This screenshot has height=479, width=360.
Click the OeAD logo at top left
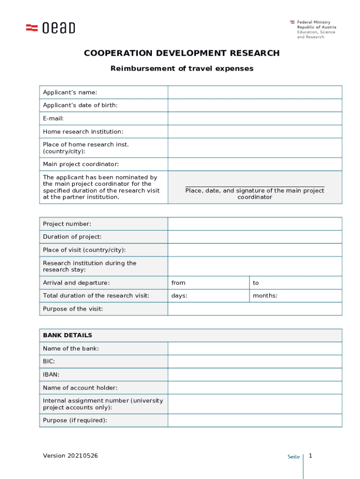[50, 28]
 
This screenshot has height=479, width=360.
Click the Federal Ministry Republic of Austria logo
[313, 29]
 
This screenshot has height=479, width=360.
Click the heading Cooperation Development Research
[181, 53]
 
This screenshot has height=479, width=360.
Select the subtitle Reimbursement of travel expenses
[181, 69]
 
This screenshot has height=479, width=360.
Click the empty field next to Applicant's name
[255, 92]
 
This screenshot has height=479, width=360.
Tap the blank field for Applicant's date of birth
[255, 105]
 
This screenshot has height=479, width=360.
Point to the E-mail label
[53, 119]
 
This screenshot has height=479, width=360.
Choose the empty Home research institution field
[255, 132]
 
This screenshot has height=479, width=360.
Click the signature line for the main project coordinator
[254, 187]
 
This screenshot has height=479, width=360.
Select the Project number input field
[255, 224]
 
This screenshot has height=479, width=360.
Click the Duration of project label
[72, 237]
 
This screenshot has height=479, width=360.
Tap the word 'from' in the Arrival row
[178, 283]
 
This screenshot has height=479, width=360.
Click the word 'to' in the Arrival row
[256, 283]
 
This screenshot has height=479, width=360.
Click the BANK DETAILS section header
[67, 335]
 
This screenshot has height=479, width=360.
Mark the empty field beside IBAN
[255, 375]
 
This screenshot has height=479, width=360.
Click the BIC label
[49, 362]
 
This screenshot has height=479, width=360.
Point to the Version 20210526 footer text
[71, 456]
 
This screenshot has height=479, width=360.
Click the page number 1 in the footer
[310, 456]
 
